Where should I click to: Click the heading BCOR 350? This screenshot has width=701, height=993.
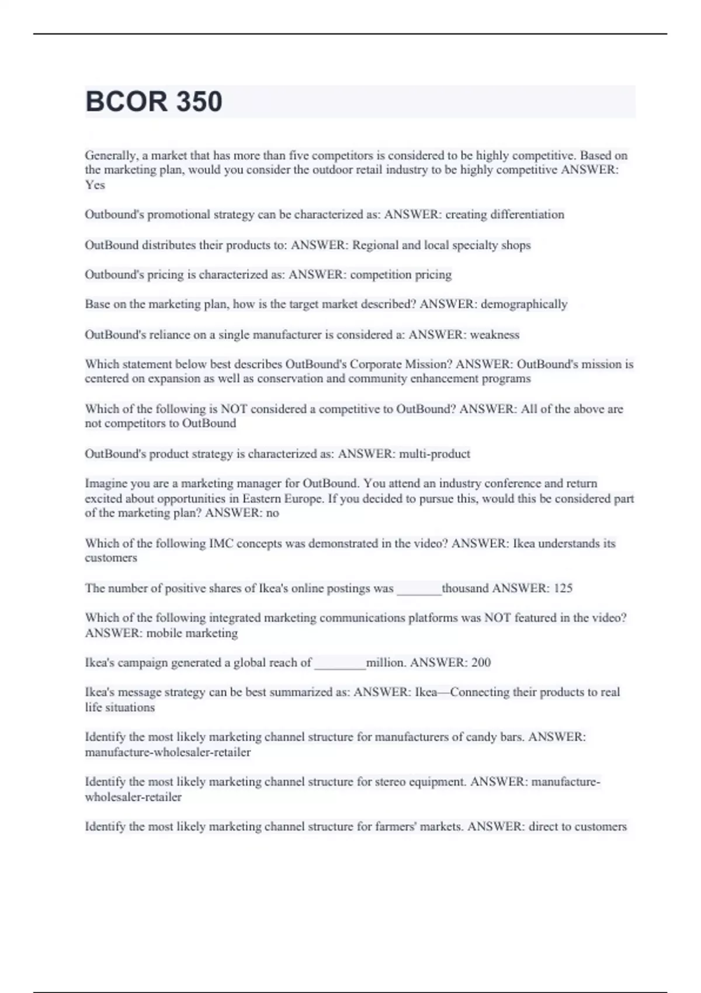point(154,102)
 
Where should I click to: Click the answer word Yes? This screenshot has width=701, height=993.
point(95,185)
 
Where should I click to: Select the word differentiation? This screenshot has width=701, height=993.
point(527,214)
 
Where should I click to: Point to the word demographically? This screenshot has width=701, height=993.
point(524,304)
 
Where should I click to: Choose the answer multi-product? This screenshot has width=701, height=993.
point(434,454)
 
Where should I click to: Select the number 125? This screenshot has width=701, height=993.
point(563,588)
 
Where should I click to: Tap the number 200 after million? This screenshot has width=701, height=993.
point(481,662)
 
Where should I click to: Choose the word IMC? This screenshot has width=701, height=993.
point(221,543)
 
